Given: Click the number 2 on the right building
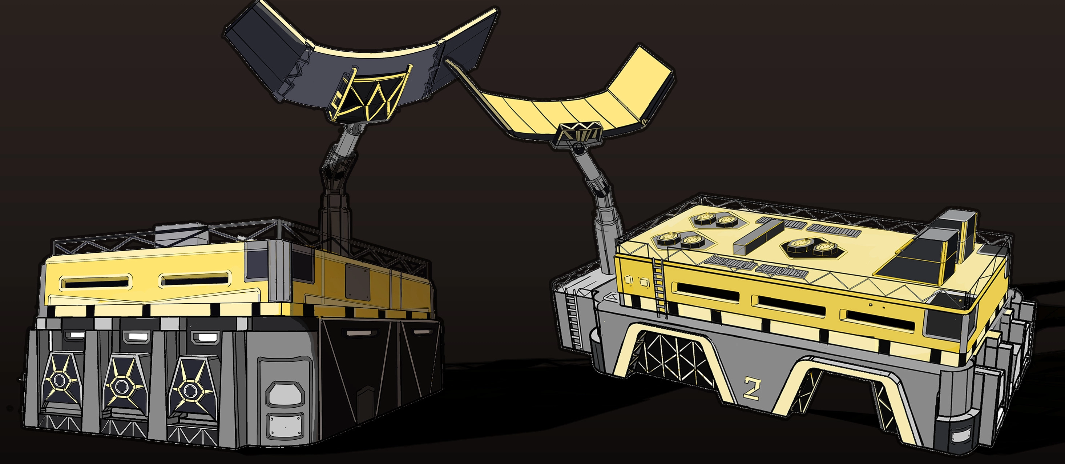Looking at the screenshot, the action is click(x=751, y=388).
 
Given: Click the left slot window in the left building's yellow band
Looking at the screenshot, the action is click(x=95, y=284).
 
